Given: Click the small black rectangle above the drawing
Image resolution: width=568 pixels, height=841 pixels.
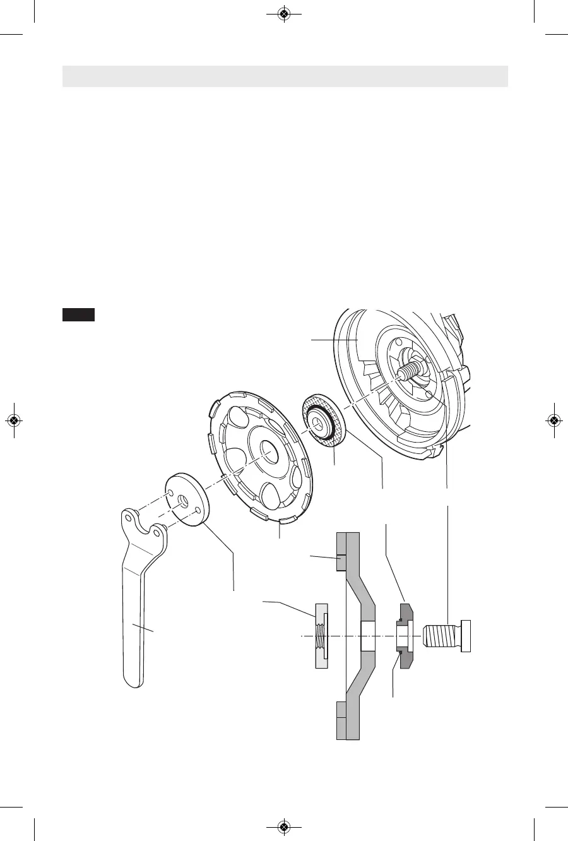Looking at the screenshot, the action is [78, 314].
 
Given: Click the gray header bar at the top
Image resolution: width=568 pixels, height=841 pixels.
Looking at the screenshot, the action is [285, 76].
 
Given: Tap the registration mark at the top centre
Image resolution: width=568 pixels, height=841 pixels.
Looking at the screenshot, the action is [284, 14].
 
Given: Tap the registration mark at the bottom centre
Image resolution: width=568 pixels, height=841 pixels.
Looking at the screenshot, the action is [284, 826].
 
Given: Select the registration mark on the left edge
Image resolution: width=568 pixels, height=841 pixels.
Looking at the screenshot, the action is [14, 420].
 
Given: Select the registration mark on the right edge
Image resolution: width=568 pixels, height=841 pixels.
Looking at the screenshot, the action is [553, 420].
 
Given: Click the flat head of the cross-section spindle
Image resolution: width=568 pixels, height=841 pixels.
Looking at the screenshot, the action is [466, 636].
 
